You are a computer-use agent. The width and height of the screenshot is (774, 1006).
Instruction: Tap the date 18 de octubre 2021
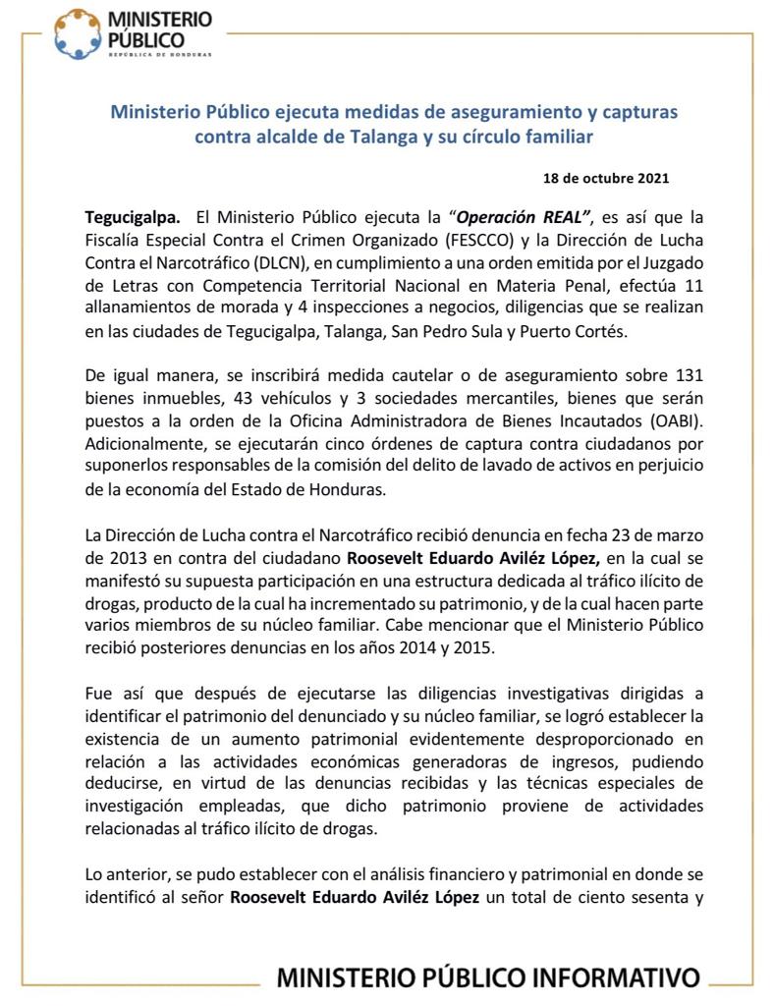point(606,179)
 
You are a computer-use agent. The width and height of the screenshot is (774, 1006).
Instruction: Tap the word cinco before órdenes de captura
point(363,446)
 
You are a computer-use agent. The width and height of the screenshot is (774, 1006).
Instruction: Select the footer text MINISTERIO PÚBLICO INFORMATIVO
point(488,978)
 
